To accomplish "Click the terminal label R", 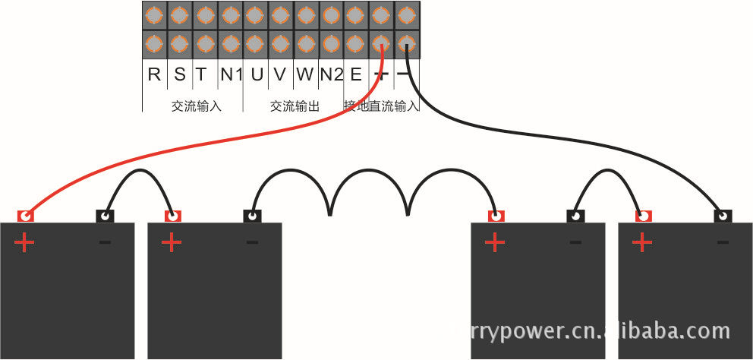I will coord(154,74).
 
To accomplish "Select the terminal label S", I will coord(179,74).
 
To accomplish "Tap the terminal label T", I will coord(201,74).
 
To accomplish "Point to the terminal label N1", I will coord(231,74).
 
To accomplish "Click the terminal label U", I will coord(257,74).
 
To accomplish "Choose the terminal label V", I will coord(279,74).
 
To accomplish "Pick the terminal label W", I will coord(304,74).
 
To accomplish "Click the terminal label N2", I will coord(331,74).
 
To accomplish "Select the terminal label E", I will coord(355,74).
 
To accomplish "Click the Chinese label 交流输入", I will coord(196,106).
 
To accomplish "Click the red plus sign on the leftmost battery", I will coord(25,243).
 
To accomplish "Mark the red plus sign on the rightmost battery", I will coord(642,243).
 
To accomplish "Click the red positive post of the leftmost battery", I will coord(25,216).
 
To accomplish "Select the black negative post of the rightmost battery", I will coord(723,216).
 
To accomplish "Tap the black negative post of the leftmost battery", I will coord(105,216).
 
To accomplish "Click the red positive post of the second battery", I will coord(174,216).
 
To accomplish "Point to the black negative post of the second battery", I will coord(253,216).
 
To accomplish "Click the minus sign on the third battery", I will coord(575,243).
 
